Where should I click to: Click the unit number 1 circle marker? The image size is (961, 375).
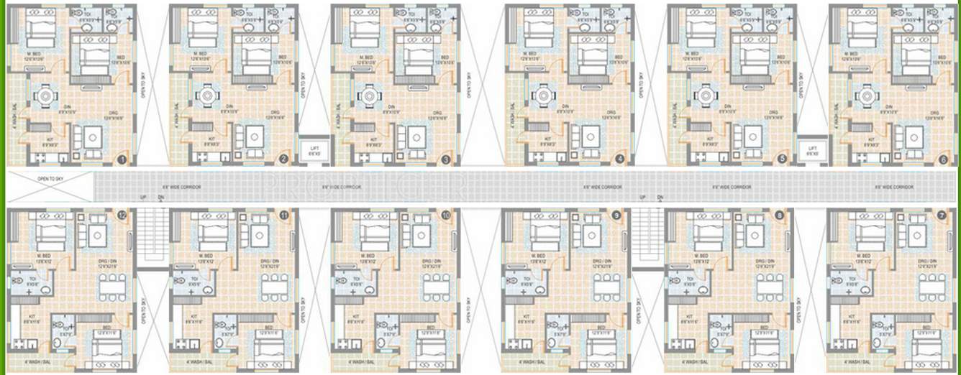pos(122,159)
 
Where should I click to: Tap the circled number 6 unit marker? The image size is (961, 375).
pos(944,159)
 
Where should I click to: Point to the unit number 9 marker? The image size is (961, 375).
pos(616,215)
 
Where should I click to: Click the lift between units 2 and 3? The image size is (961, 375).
pos(313,151)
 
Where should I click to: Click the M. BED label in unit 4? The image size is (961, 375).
pos(532,54)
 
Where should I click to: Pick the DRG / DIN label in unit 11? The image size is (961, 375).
pos(270,261)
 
